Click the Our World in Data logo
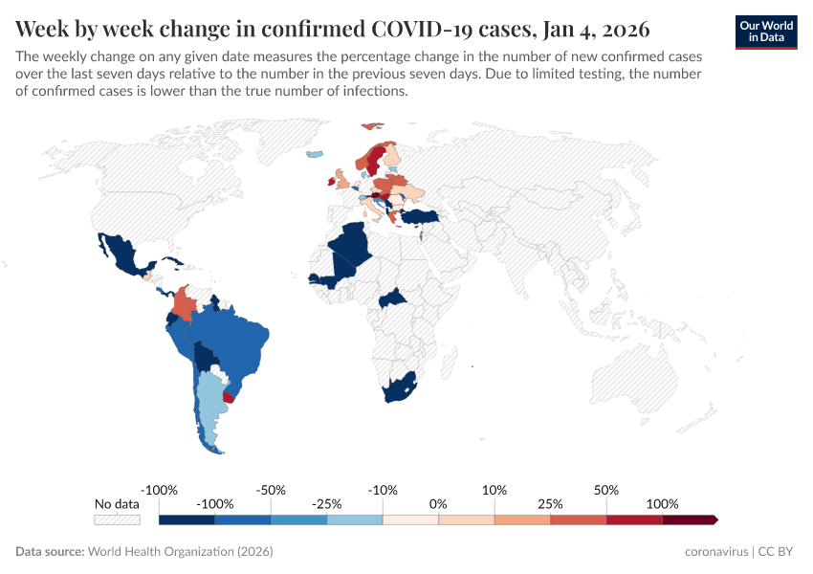coord(766,32)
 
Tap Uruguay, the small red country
coord(229,395)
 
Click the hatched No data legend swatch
coord(117,519)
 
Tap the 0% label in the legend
coord(439,504)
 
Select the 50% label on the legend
coord(606,490)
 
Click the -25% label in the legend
coord(327,504)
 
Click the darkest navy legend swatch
coord(187,519)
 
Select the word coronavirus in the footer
coord(717,552)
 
